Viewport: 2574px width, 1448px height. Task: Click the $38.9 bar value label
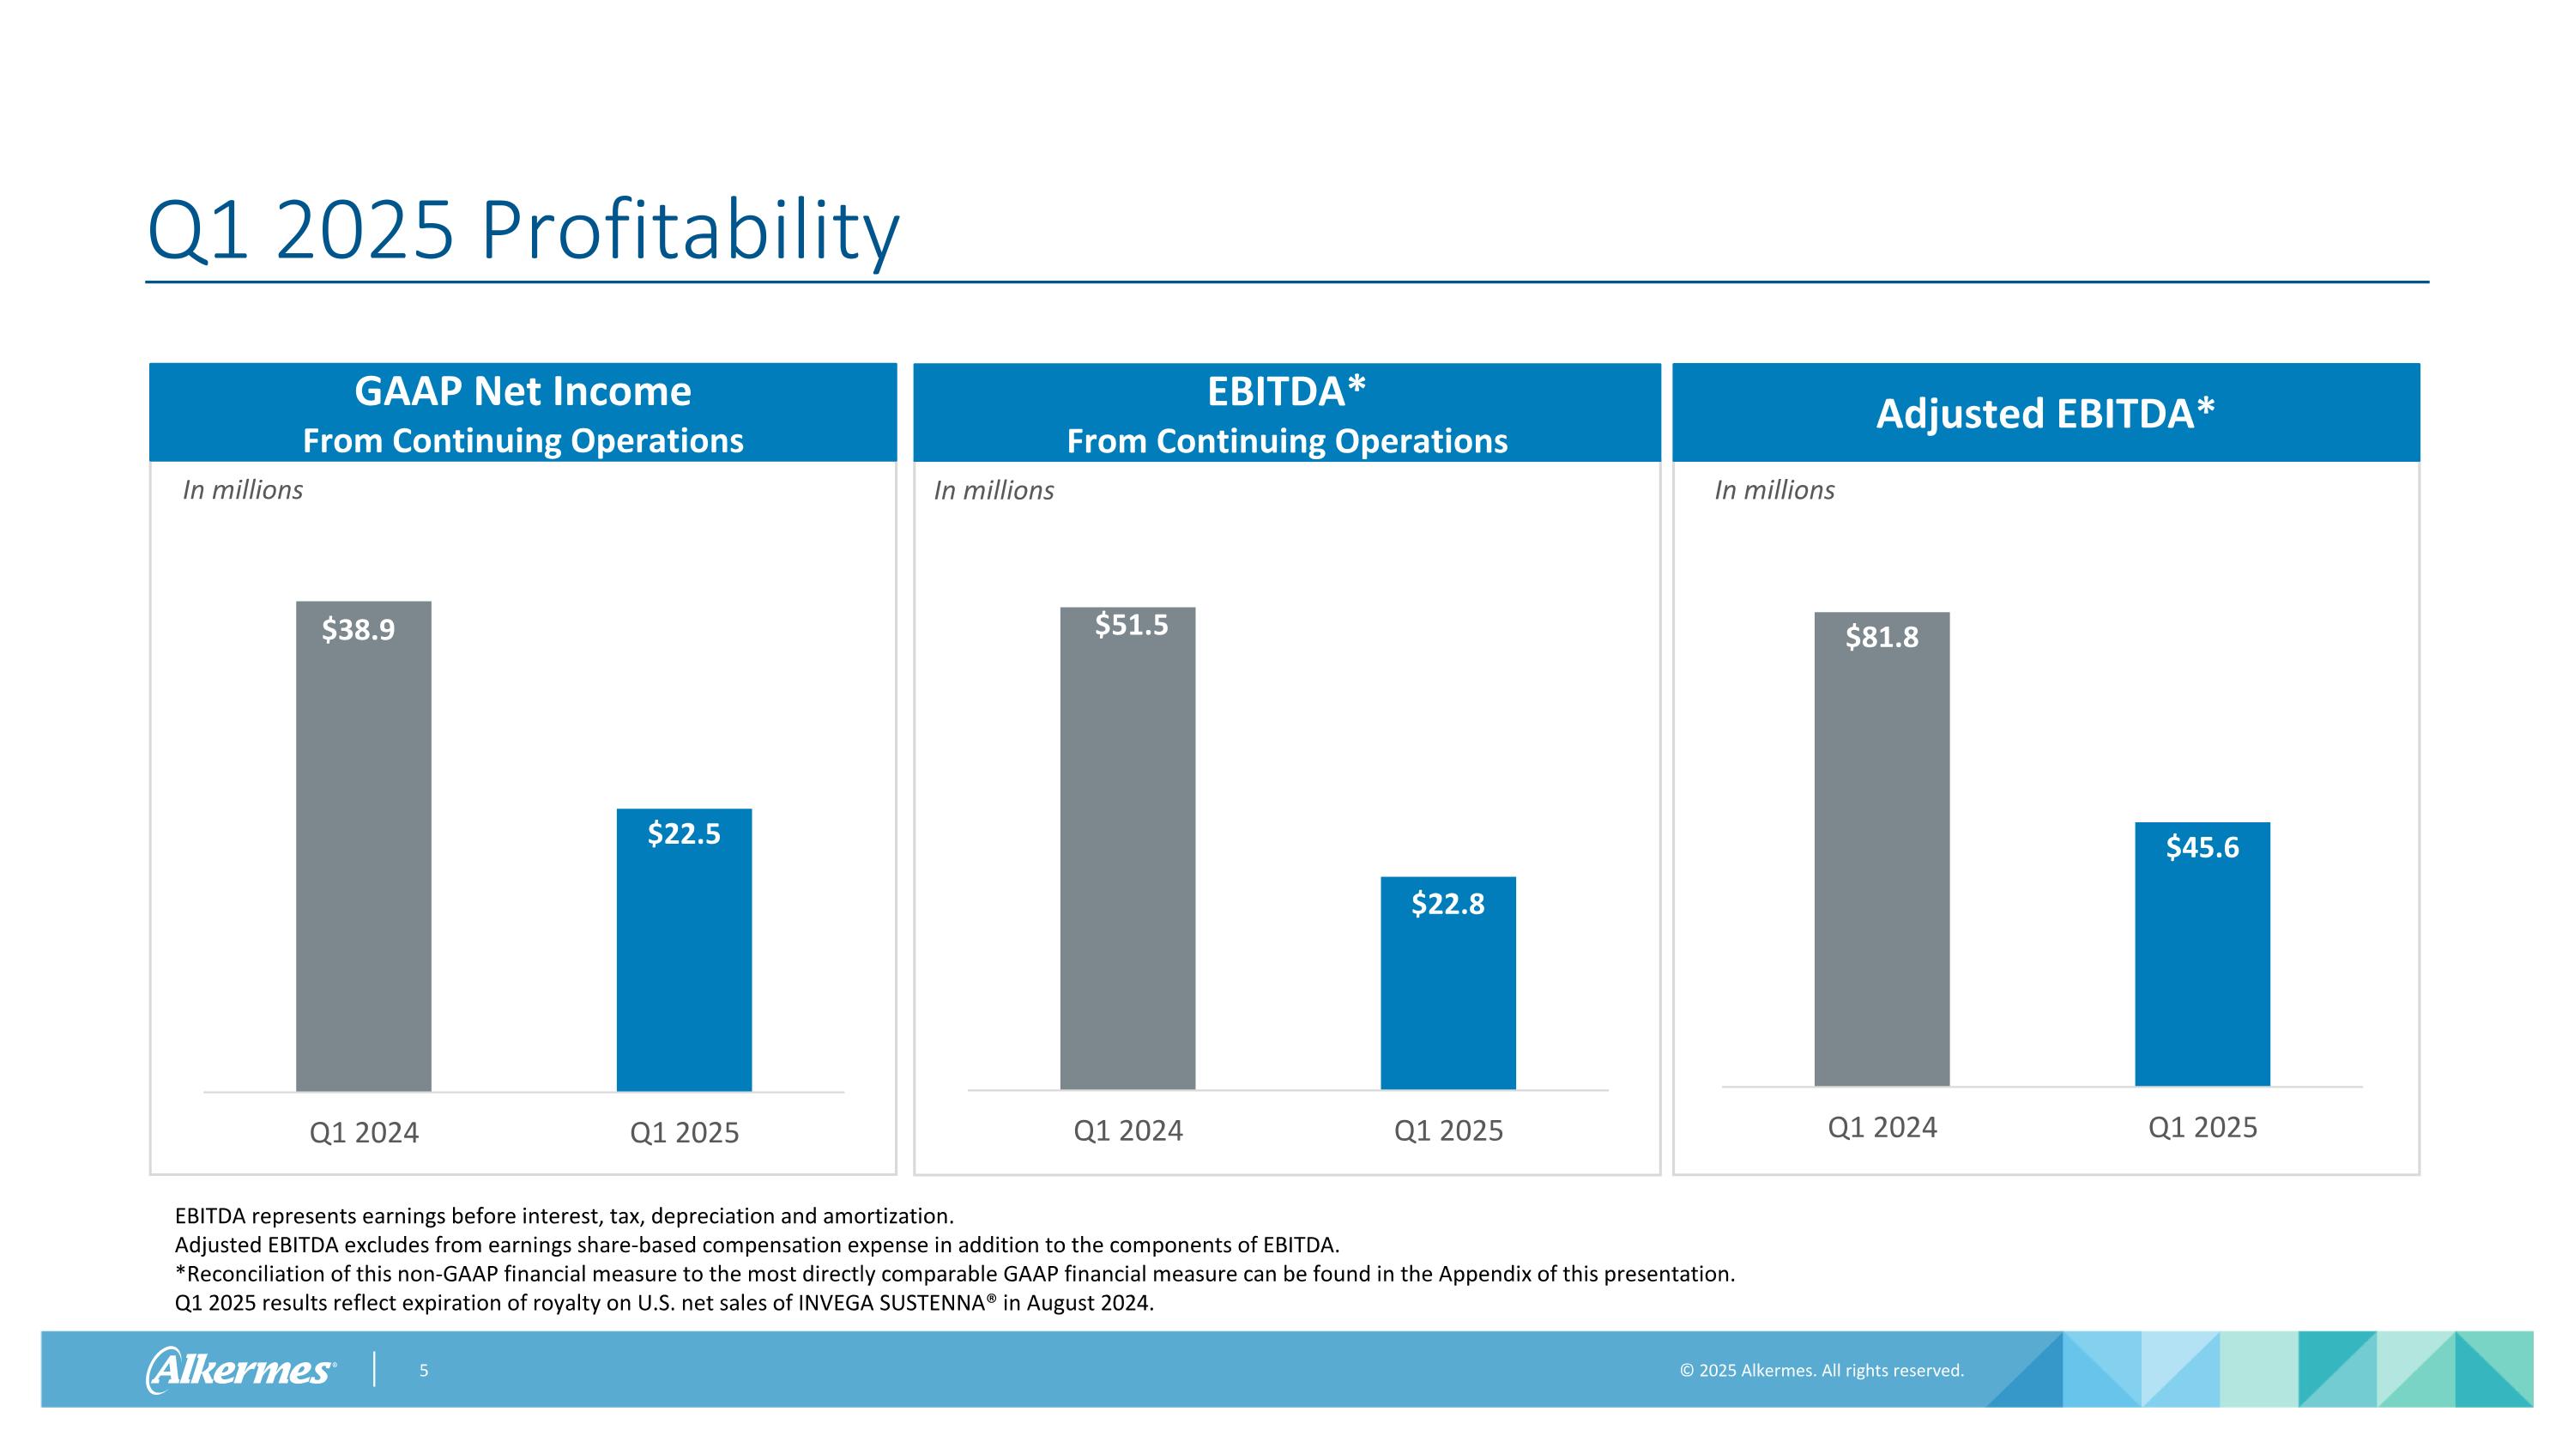[x=358, y=629]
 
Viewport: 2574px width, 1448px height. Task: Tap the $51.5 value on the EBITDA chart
[x=1131, y=625]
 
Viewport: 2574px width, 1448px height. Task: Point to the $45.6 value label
[x=2202, y=847]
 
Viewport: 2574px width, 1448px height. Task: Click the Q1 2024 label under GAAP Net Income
[x=364, y=1132]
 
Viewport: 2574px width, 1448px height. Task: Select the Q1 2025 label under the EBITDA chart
[x=1448, y=1130]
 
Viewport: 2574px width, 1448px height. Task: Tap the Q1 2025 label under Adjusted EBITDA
[x=2202, y=1127]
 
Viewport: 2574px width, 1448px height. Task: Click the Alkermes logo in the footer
[x=241, y=1369]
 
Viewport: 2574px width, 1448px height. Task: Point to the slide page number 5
[x=424, y=1370]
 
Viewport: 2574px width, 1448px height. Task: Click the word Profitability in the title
[x=690, y=232]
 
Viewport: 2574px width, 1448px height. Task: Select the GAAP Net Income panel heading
[x=523, y=391]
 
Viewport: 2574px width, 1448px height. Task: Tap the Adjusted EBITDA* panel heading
[x=2045, y=413]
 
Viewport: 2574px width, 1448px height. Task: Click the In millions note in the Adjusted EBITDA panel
[x=1774, y=489]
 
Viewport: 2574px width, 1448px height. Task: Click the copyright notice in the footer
[x=1822, y=1370]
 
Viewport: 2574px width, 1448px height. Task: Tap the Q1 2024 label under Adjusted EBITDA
[x=1882, y=1127]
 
